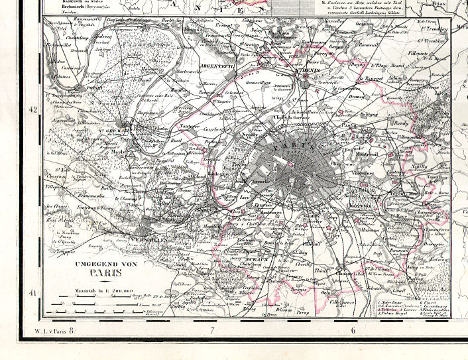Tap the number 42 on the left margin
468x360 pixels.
pos(31,110)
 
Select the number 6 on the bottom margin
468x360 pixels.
pos(353,330)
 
